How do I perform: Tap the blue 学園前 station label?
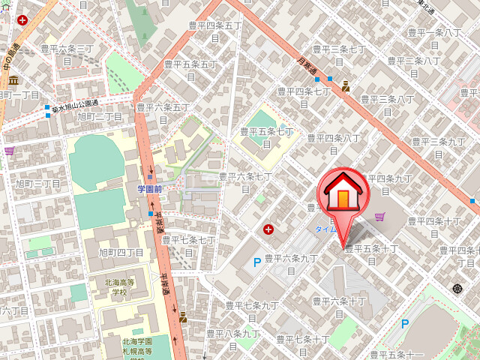[150, 188]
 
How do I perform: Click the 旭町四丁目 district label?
[121, 252]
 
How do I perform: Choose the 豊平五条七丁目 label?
[267, 136]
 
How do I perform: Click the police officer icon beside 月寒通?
[346, 85]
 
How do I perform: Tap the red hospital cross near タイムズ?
[268, 229]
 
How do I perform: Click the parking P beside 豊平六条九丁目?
[257, 262]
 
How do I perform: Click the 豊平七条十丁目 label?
[303, 345]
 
